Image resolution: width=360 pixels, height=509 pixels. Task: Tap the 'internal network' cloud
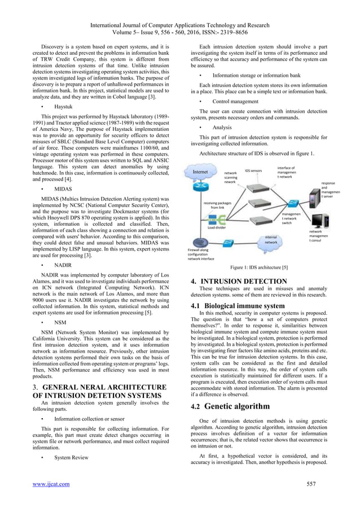coord(272,241)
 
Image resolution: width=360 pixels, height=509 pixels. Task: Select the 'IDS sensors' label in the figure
coord(253,170)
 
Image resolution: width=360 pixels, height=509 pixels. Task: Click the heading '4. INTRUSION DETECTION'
coord(239,281)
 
